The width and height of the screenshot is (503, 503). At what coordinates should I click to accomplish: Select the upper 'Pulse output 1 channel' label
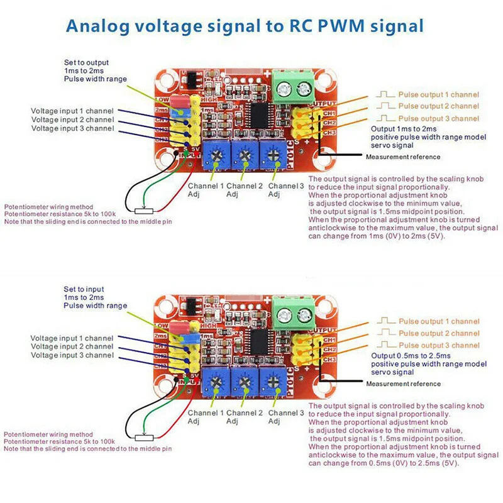(438, 95)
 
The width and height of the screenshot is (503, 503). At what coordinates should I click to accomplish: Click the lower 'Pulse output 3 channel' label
(438, 345)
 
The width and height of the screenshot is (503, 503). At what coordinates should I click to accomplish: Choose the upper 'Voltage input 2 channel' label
(72, 119)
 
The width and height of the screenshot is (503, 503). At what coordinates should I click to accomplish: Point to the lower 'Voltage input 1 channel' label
(72, 338)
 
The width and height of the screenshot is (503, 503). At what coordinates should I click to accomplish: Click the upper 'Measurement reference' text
(403, 157)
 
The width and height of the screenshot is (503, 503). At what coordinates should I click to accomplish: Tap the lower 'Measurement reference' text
(403, 384)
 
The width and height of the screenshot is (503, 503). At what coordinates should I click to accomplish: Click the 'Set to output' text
(86, 62)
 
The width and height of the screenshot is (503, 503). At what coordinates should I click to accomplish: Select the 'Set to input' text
(84, 289)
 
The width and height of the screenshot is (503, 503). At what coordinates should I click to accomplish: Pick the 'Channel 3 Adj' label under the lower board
(286, 417)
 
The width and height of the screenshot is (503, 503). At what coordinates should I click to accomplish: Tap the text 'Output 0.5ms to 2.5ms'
(410, 355)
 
